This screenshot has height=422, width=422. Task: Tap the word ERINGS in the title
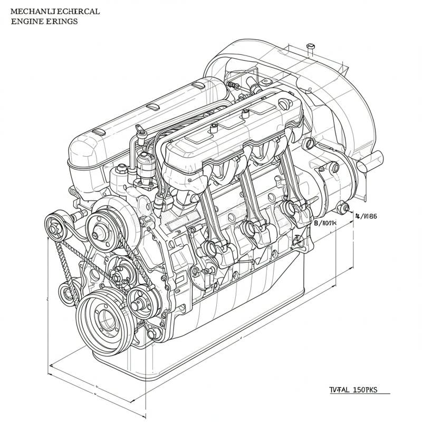(63, 22)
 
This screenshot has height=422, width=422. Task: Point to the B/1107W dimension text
(325, 223)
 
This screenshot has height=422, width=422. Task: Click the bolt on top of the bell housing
(310, 49)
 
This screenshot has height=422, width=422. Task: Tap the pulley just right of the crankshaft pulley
(138, 303)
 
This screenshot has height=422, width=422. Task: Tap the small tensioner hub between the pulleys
(118, 274)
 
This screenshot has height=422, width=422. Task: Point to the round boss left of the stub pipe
(334, 168)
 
